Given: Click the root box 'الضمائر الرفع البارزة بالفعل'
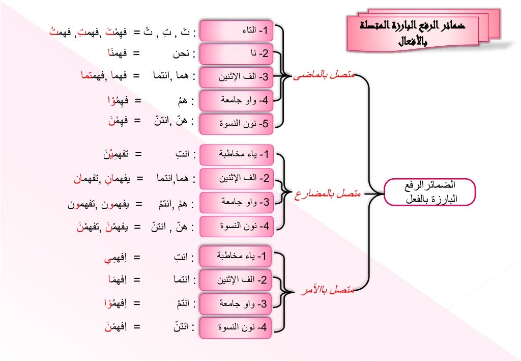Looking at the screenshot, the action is (429, 192).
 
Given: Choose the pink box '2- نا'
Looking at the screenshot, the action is (236, 53).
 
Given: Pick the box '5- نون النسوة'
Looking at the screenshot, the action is (236, 124).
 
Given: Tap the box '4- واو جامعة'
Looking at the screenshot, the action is (236, 100).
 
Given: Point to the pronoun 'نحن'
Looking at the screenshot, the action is (178, 53).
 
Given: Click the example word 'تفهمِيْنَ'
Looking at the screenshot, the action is (112, 153).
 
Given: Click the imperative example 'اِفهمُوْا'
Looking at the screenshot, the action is (115, 304).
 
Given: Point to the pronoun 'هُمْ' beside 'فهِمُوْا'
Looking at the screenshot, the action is (183, 100).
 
